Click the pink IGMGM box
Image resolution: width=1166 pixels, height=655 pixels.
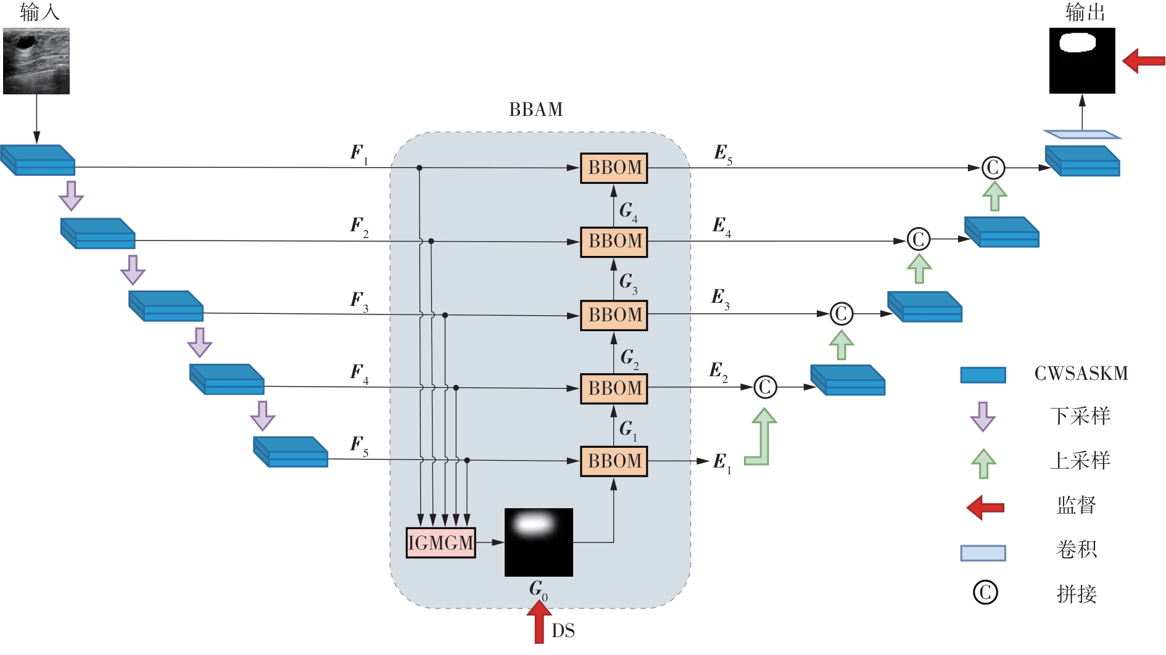click(440, 543)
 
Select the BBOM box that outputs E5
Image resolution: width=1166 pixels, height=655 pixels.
click(614, 168)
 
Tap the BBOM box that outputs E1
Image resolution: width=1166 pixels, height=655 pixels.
click(614, 461)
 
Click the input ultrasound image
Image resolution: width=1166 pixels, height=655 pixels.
click(36, 61)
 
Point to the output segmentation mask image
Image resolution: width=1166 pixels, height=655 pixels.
click(1082, 61)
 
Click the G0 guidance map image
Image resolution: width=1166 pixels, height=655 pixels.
click(539, 542)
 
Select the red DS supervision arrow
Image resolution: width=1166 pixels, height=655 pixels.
click(539, 623)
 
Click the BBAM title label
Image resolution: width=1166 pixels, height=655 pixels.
click(535, 110)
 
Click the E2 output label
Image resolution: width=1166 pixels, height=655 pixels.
click(717, 371)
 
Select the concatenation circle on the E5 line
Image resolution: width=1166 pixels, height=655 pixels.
click(993, 168)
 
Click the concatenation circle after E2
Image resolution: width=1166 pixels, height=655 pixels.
click(765, 387)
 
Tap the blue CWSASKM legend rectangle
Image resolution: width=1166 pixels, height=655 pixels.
click(983, 375)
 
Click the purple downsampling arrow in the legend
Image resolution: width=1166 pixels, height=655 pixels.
click(983, 417)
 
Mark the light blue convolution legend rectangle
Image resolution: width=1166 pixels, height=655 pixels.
click(983, 553)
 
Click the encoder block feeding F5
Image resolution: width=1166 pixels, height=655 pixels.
click(291, 452)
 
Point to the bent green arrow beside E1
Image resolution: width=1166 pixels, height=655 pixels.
click(761, 438)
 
